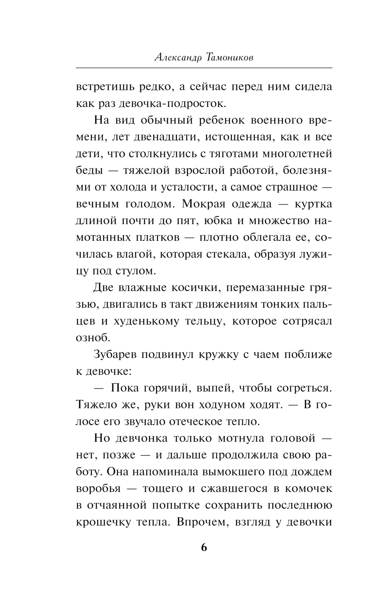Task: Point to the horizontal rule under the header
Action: [204, 68]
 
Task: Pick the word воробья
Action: [98, 488]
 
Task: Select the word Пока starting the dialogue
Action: [125, 388]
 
